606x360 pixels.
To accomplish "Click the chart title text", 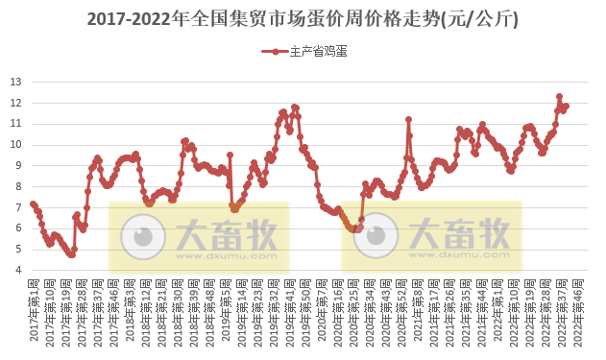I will (303, 18).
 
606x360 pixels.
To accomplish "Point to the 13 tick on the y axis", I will (16, 82).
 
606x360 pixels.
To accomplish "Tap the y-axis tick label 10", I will (16, 144).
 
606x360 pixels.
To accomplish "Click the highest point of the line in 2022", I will (559, 97).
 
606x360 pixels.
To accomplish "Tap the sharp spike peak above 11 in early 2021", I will (408, 119).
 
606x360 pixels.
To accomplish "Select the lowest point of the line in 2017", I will (71, 254).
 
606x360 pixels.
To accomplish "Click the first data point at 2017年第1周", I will (33, 204).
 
